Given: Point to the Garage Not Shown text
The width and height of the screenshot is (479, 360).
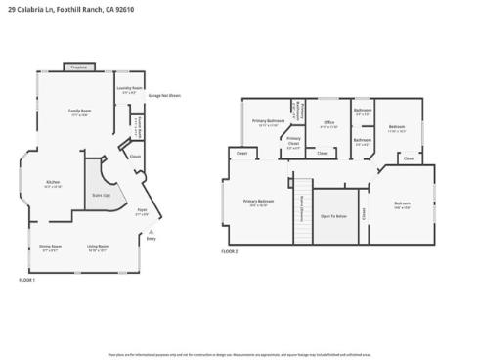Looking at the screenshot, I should point(163,95).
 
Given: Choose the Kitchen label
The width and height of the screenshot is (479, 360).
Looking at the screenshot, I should point(53,183).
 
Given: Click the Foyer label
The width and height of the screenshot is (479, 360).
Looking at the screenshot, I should point(141,211).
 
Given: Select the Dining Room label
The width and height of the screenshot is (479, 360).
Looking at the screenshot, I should point(51,247).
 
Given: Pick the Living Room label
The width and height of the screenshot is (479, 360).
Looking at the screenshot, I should point(98,247).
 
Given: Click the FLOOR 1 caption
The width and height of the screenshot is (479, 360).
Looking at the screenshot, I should point(26,280).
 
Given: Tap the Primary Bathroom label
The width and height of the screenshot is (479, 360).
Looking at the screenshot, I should point(268,122).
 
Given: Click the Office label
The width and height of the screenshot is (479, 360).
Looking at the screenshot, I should point(328,123).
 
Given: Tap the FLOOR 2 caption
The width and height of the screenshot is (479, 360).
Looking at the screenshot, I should point(229,251).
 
